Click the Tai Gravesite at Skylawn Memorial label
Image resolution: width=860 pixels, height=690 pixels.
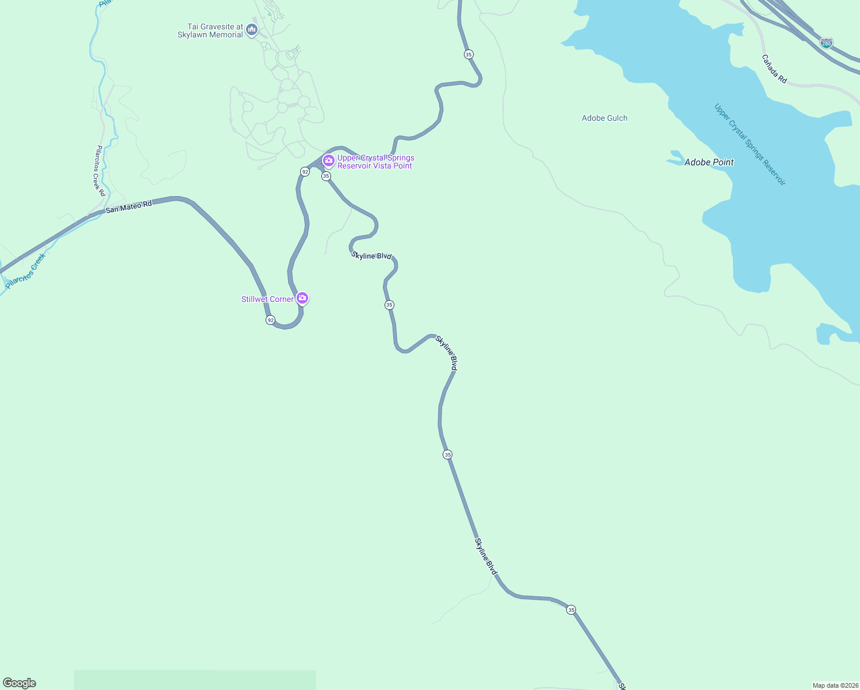coord(210,30)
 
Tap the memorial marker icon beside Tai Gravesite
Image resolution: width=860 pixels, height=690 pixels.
coord(251,29)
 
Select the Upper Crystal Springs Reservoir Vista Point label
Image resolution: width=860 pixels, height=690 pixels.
coord(375,162)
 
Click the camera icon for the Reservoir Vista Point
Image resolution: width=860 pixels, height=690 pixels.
coord(329,160)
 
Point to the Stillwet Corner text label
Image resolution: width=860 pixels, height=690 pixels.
coord(267,299)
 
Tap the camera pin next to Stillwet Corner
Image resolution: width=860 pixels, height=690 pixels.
coord(302,298)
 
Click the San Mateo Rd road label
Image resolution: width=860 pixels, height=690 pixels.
coord(129,206)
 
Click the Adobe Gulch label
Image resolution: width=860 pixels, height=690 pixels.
coord(604,118)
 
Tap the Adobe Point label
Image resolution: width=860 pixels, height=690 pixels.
coord(709,162)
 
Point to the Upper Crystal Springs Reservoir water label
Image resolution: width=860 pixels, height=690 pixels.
coord(750,144)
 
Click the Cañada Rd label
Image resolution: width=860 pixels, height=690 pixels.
coord(774,69)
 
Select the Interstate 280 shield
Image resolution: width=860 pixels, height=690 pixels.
coord(826,43)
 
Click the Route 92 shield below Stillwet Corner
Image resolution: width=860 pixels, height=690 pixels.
coord(270,320)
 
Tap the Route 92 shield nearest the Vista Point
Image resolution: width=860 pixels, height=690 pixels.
coord(305,171)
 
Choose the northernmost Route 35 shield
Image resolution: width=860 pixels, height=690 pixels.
coord(469,54)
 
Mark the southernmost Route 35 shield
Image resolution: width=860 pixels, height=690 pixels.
coord(571,609)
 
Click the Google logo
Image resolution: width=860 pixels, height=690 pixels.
coord(20,683)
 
